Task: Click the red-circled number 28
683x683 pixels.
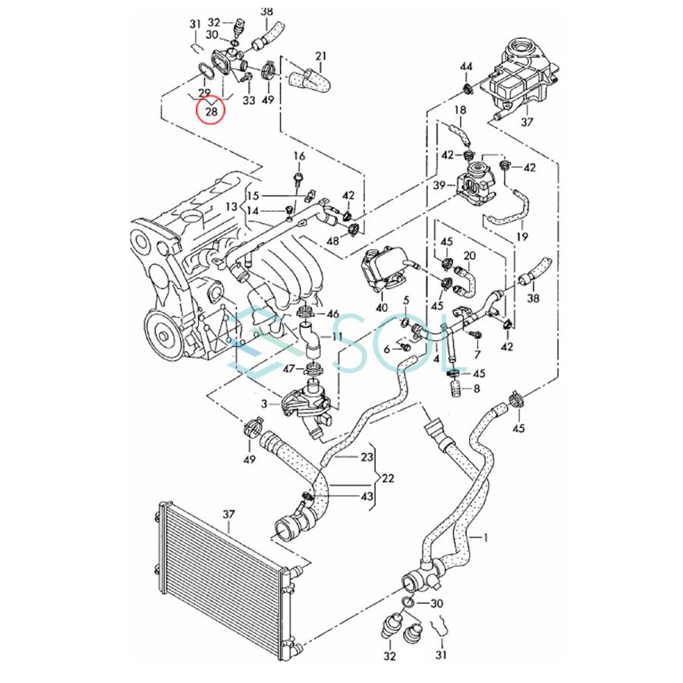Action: pyautogui.click(x=212, y=112)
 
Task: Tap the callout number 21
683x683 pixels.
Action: pyautogui.click(x=320, y=57)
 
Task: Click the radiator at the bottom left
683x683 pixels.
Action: pyautogui.click(x=221, y=577)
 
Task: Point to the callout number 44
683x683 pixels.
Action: pyautogui.click(x=466, y=69)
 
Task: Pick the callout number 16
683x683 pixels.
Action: pyautogui.click(x=299, y=157)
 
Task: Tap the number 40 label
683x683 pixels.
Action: pyautogui.click(x=381, y=307)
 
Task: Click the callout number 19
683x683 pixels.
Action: pyautogui.click(x=521, y=237)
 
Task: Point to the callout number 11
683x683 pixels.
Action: pyautogui.click(x=337, y=335)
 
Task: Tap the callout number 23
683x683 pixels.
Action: pyautogui.click(x=367, y=458)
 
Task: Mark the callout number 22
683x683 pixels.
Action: pyautogui.click(x=389, y=479)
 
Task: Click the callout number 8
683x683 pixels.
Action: pyautogui.click(x=477, y=389)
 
